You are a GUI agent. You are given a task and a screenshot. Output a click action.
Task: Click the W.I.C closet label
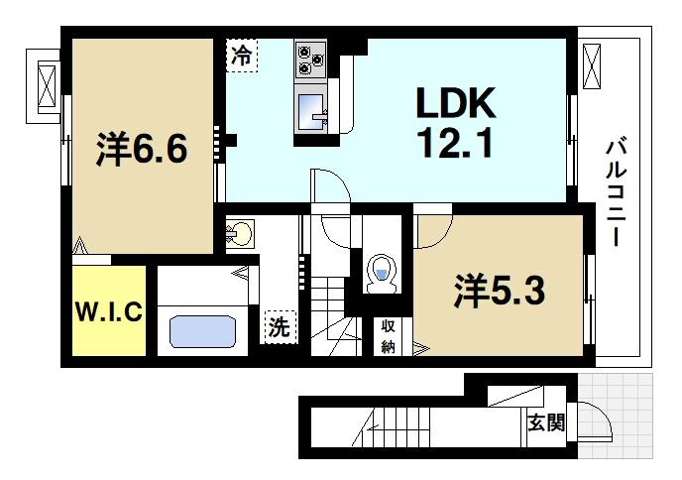point(109,311)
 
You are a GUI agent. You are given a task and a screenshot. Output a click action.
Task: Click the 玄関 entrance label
point(545,423)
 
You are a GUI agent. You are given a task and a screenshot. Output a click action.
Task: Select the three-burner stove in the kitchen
point(310,59)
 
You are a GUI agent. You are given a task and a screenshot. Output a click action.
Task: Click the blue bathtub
point(204,330)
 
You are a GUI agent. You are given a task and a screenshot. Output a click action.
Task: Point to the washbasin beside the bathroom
point(239,235)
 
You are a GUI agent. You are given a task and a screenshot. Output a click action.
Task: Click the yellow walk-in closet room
point(109,311)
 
